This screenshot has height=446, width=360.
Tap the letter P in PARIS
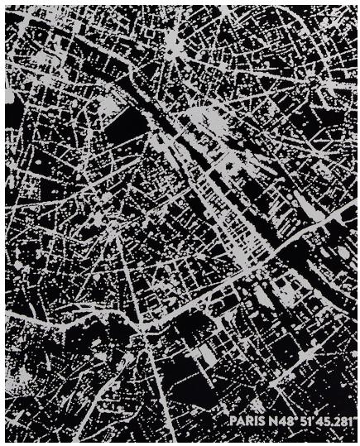click(233, 421)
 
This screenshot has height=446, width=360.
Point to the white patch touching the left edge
click(9, 96)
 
